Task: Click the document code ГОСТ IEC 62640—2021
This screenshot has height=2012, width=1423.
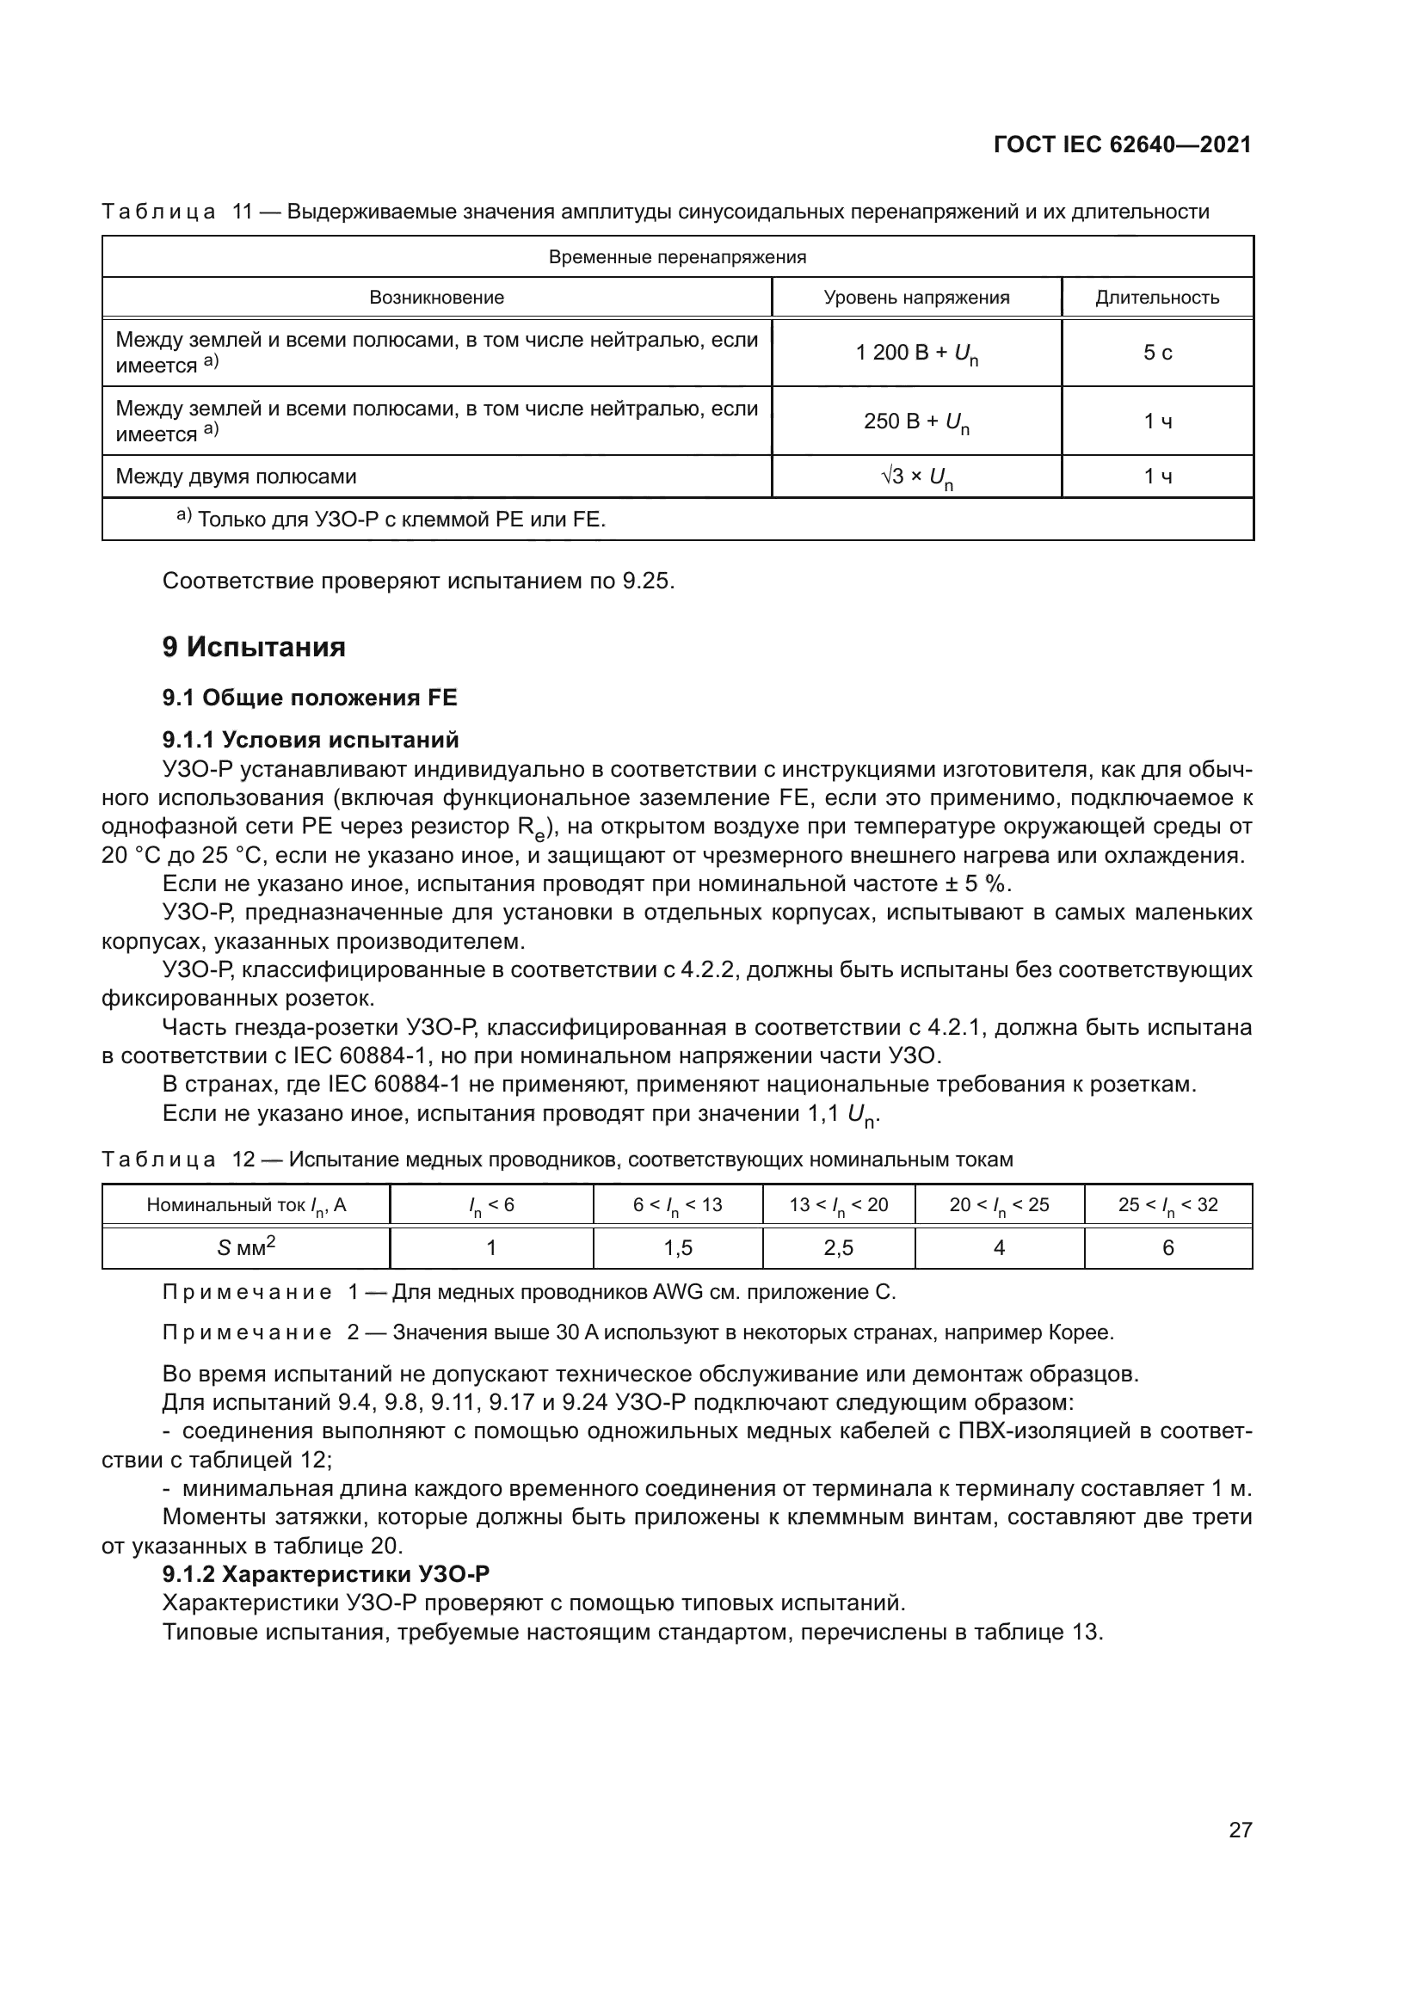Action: pos(1123,145)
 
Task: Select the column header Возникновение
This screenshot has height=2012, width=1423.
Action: pos(436,297)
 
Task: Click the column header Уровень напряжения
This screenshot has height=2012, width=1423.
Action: pos(915,297)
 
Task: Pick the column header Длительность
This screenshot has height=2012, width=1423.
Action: pos(1156,297)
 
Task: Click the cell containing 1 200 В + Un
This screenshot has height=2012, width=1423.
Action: pos(915,354)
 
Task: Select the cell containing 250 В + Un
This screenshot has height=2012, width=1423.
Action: pos(915,422)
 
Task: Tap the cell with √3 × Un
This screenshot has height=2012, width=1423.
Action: pos(915,477)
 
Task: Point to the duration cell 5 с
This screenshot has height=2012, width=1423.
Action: pos(1156,354)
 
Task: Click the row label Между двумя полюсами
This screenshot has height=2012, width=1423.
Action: pos(236,477)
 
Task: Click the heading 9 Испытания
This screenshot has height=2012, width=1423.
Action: pos(253,648)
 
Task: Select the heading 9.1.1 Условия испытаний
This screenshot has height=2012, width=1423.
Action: pos(311,740)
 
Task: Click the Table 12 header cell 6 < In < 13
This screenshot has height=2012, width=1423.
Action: pos(677,1205)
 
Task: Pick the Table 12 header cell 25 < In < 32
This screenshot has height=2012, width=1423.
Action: pos(1167,1205)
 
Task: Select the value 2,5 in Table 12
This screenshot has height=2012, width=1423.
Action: pos(838,1248)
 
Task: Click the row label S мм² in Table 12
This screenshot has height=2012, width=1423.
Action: pos(246,1248)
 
